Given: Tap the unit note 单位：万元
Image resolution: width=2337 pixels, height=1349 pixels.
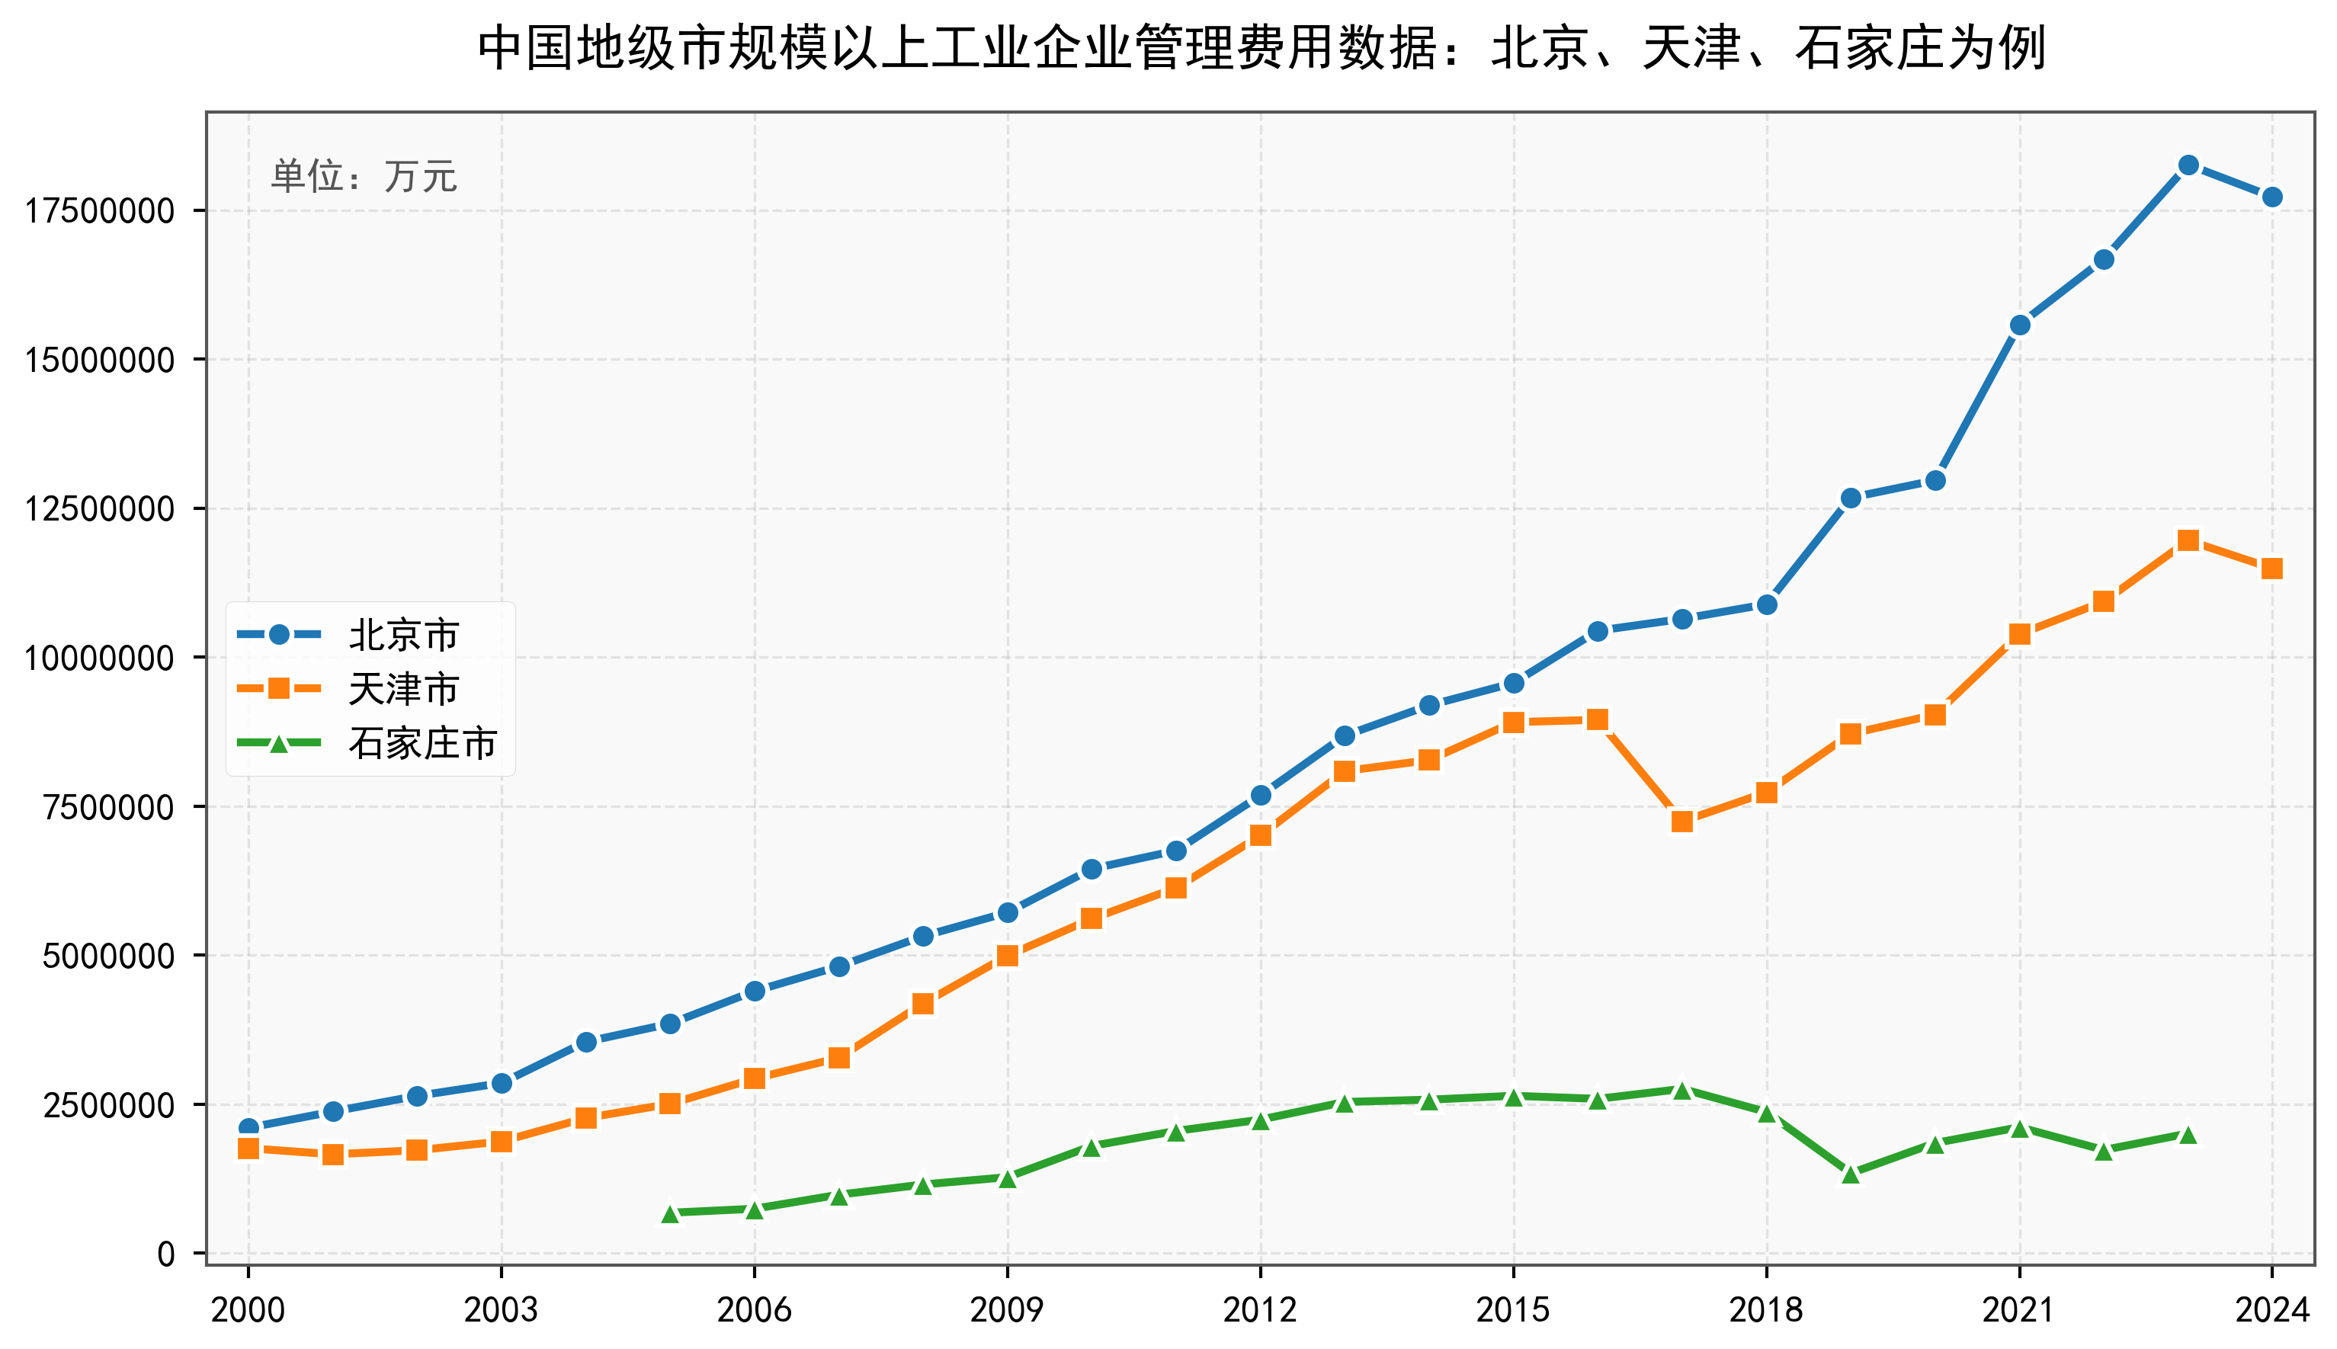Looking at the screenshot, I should (364, 176).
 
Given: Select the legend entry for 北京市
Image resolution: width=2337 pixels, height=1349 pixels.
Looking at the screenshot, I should (403, 635).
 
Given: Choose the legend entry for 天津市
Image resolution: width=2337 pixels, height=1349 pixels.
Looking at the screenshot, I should (403, 688).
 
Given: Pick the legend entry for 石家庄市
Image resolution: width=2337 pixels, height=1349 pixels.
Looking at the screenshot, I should (422, 743).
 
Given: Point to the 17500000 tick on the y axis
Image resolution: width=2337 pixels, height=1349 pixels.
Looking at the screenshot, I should (99, 211).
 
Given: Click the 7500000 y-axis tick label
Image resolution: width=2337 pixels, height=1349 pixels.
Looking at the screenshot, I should (108, 807).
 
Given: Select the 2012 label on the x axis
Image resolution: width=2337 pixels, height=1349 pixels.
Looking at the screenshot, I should (1260, 1310).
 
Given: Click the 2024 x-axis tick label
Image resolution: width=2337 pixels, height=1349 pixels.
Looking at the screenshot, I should (2271, 1310).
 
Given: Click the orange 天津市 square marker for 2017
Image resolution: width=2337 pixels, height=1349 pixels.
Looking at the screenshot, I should (1681, 822).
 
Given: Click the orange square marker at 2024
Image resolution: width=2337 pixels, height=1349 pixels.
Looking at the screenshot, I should (2271, 569).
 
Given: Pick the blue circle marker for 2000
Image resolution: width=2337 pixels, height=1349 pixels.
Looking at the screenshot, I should (248, 1127).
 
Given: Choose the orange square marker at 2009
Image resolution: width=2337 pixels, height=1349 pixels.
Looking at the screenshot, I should (1007, 955).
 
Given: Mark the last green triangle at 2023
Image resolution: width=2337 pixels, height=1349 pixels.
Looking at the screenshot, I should (2188, 1135).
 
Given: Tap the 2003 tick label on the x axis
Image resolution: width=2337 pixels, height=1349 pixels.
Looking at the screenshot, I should (502, 1310).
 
